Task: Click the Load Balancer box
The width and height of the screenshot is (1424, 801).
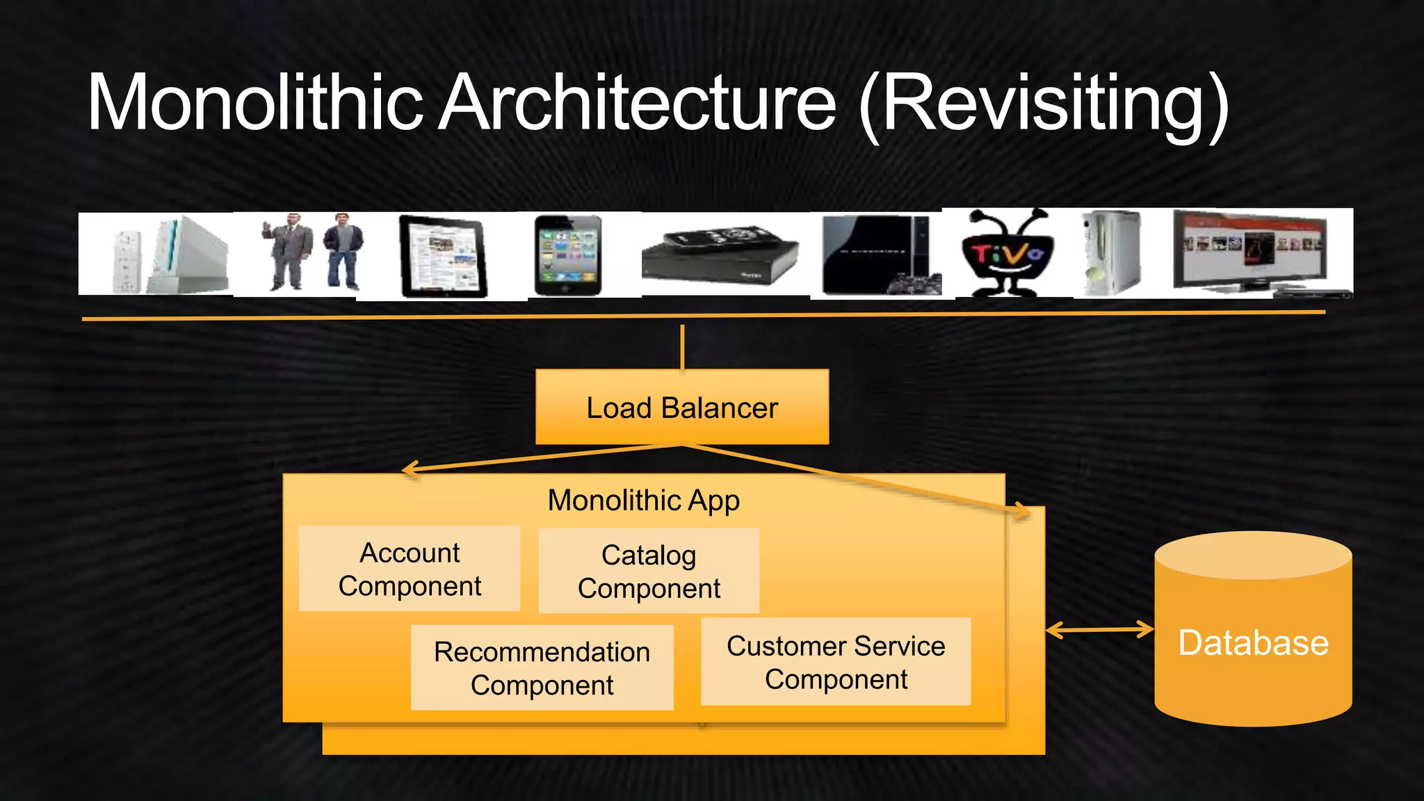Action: click(x=682, y=407)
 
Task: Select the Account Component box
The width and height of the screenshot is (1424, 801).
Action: click(x=410, y=569)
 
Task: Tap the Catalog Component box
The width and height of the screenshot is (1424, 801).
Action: click(x=649, y=571)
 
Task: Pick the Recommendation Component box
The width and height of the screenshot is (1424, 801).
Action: click(x=542, y=667)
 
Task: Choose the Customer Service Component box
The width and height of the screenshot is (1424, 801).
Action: click(x=836, y=661)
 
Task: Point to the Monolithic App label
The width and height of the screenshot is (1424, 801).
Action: click(x=643, y=501)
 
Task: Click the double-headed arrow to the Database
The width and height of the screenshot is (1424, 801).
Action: click(x=1099, y=630)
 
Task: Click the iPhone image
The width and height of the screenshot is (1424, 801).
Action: click(x=567, y=255)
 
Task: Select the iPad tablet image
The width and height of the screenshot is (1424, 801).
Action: click(x=443, y=257)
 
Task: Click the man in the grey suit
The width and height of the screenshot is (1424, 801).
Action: click(x=286, y=251)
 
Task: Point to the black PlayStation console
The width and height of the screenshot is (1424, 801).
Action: click(x=880, y=254)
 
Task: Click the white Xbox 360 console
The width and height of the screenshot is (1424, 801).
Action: click(x=1112, y=253)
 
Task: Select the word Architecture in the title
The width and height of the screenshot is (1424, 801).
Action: click(x=638, y=103)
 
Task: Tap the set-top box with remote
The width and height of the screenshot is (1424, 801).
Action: click(x=720, y=256)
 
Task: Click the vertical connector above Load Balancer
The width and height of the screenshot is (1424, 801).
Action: click(x=682, y=347)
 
